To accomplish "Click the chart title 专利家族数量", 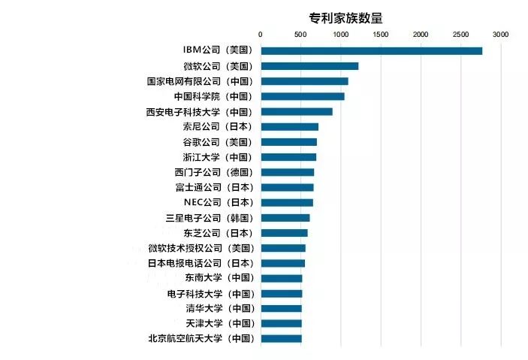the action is coord(345,18).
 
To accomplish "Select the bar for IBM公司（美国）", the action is coord(372,51).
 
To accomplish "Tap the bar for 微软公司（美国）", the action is coord(309,66).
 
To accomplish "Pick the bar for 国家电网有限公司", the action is coord(305,81).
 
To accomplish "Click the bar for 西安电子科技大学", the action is coord(297,111).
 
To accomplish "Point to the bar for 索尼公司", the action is coord(290,127).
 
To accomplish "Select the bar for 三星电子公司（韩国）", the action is coord(285,218).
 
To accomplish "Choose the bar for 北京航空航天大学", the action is coord(282,338).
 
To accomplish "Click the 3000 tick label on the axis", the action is coord(501,35).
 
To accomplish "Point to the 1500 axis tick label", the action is coord(381,35).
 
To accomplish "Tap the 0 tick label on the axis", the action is coord(261,35).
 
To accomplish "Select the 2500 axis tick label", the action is coord(460,35).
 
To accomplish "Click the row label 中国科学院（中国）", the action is coord(213,96).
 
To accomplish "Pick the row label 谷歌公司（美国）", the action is coord(218,142).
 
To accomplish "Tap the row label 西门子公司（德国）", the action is coord(214,172).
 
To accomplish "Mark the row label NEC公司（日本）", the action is coord(219,202).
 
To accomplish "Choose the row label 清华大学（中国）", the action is coord(221,308).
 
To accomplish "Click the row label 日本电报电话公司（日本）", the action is coord(201,263).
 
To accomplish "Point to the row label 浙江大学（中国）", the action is coord(218,157).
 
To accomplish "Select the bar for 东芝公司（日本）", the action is coord(285,233).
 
